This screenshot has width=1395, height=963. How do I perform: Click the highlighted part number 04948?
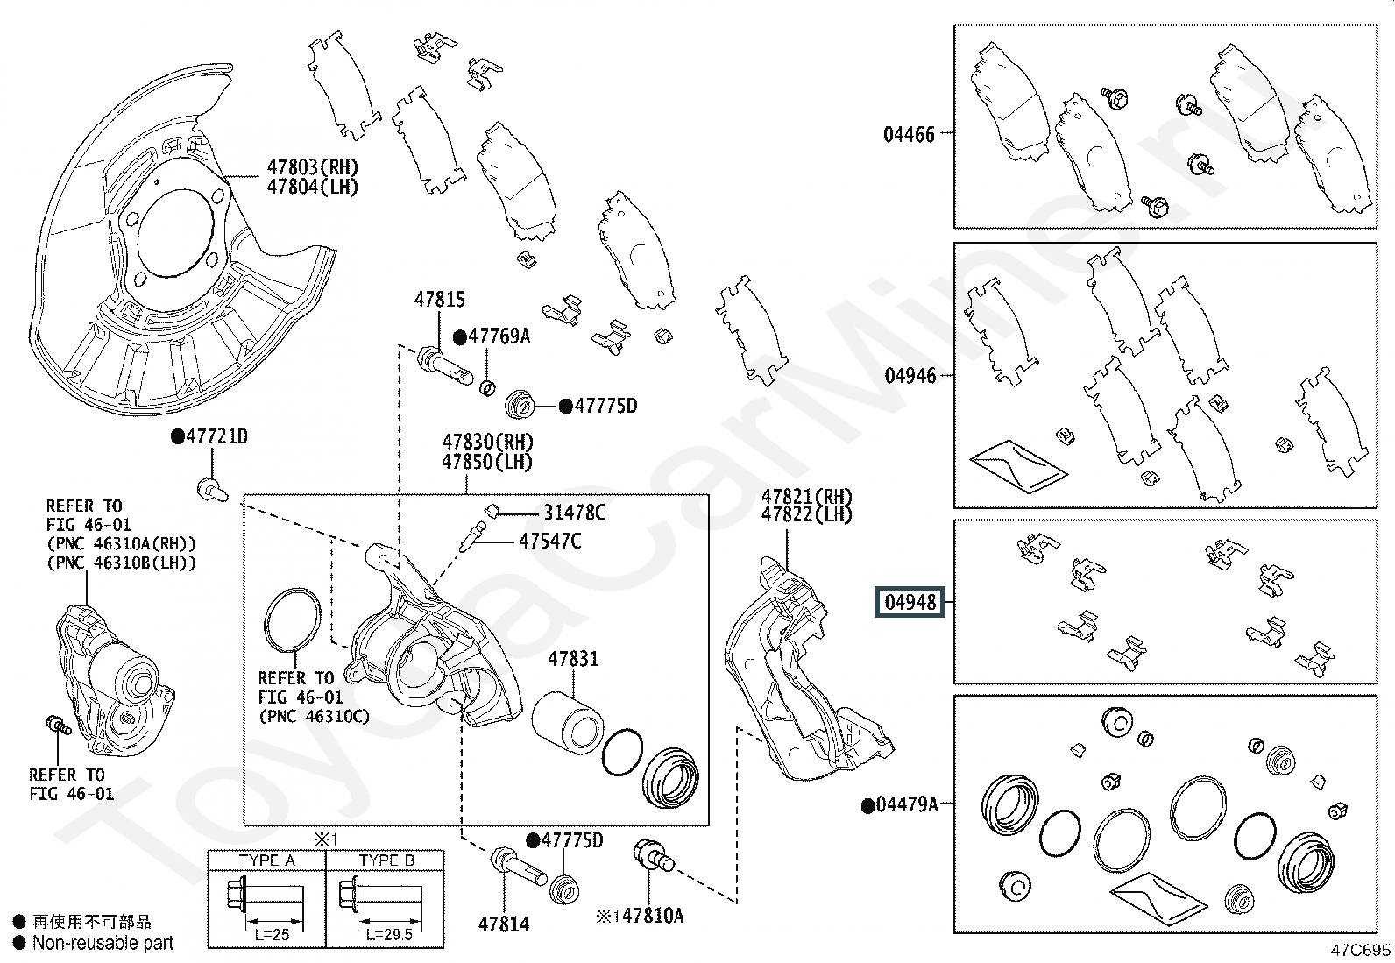tap(910, 602)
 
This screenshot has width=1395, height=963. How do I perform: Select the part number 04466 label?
tap(909, 135)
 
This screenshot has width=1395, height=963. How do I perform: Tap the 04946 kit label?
tap(910, 376)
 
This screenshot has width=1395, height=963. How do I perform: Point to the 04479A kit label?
tap(906, 804)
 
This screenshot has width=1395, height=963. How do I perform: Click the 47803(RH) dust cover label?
tap(313, 167)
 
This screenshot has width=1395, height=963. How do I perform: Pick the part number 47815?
tap(440, 300)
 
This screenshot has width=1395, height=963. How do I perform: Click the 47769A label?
tap(499, 336)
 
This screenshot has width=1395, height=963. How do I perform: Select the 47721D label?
tap(216, 436)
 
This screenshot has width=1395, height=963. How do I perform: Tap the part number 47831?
tap(573, 659)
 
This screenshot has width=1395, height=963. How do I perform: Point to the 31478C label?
tap(574, 513)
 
